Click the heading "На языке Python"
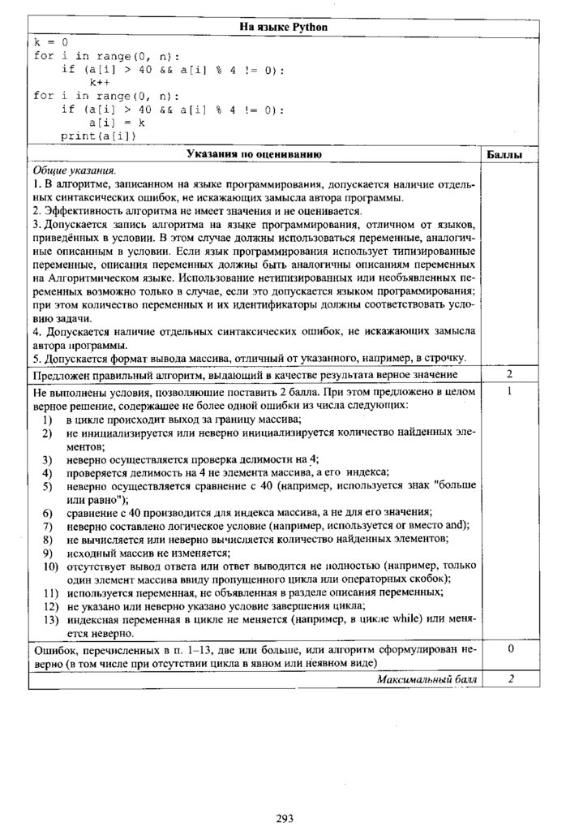point(283,28)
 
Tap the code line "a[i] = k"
point(117,123)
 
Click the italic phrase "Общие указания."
point(75,171)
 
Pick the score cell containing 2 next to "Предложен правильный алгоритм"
point(510,374)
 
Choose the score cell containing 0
point(510,650)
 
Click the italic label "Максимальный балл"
point(427,679)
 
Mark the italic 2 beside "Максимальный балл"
point(510,679)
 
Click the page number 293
point(284,817)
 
